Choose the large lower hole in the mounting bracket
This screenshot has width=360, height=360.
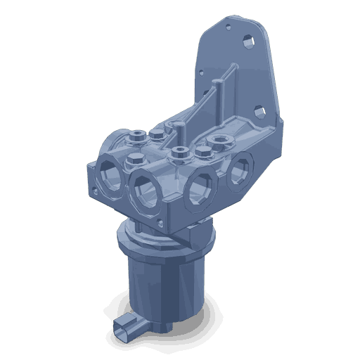259,110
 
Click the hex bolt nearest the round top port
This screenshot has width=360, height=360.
204,150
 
